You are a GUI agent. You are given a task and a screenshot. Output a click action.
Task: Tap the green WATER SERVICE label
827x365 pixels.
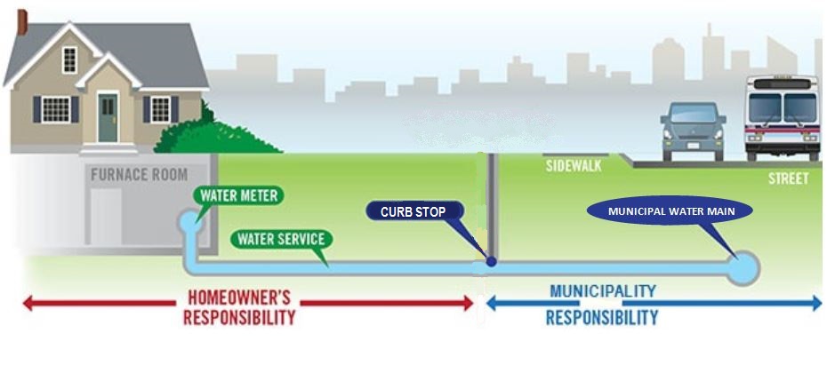coord(281,239)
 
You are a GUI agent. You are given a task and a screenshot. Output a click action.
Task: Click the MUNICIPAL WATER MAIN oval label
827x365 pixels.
coord(670,212)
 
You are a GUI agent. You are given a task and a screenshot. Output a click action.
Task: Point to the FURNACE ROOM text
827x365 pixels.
coord(139,175)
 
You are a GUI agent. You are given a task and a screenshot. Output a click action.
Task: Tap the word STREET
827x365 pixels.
coord(788,179)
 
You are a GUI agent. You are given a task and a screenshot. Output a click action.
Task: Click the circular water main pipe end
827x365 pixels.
coord(742,265)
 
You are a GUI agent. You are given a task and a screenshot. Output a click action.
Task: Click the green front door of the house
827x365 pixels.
coord(108,117)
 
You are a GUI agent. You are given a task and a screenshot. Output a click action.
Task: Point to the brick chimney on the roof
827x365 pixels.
coord(22,21)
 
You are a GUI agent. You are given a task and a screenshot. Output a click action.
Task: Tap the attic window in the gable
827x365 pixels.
coord(69,60)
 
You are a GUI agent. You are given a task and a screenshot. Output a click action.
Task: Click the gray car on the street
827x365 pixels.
coord(693,131)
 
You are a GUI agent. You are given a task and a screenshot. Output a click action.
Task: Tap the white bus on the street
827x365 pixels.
coord(782,118)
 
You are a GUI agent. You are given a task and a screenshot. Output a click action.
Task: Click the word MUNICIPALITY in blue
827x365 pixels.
coord(603,291)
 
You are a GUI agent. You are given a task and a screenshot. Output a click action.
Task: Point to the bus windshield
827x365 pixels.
coord(782,107)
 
